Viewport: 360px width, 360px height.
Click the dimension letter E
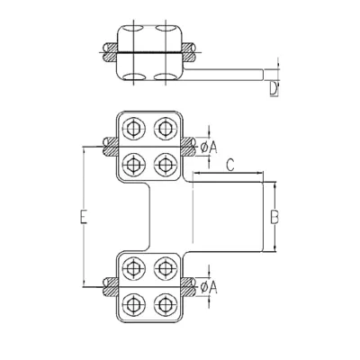click(84, 217)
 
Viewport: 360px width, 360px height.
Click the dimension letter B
click(274, 217)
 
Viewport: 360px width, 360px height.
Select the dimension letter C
click(230, 165)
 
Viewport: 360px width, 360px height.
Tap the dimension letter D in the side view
click(274, 89)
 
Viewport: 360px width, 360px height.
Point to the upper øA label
click(209, 147)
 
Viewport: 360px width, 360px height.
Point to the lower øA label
click(209, 287)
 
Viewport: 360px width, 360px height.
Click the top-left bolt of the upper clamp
click(133, 129)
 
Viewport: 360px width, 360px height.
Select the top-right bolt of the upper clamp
click(165, 129)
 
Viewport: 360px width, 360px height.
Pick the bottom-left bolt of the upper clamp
click(133, 164)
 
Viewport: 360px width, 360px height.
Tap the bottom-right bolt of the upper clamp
click(165, 164)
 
